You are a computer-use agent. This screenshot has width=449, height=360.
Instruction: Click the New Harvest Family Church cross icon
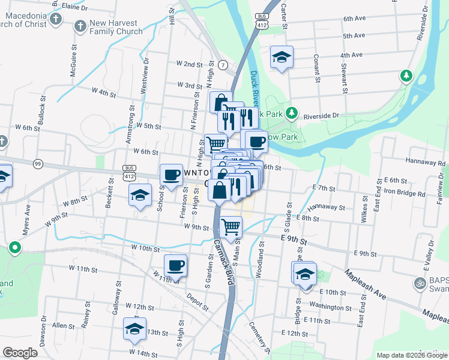[x=80, y=26]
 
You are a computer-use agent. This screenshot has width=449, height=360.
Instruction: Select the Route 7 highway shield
[x=223, y=64]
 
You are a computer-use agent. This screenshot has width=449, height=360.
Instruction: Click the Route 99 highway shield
[x=38, y=163]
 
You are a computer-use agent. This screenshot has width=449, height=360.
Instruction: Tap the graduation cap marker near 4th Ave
[x=282, y=58]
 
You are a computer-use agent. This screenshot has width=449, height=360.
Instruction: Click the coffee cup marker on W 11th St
[x=175, y=265]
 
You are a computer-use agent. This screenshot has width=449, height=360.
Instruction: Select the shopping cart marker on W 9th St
[x=231, y=227]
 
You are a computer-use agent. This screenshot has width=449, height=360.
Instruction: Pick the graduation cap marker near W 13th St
[x=134, y=328]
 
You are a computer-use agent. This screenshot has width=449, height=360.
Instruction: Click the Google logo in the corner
[x=20, y=353]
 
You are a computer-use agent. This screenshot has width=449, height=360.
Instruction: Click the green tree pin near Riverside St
[x=406, y=76]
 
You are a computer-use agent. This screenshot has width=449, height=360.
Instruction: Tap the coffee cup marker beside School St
[x=170, y=175]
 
